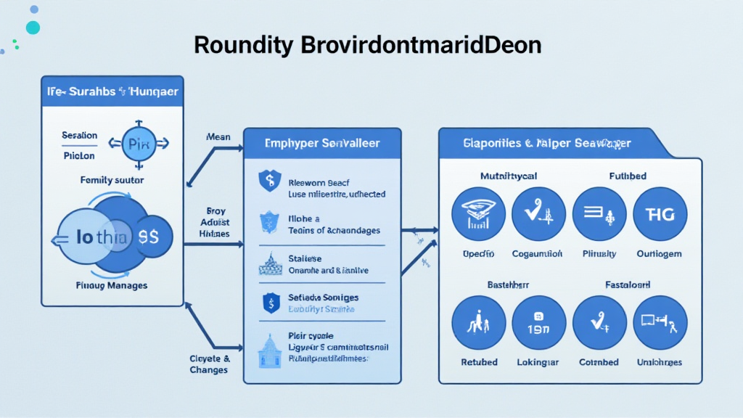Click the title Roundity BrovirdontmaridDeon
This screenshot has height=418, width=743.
pyautogui.click(x=367, y=46)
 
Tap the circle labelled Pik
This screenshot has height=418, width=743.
pyautogui.click(x=138, y=142)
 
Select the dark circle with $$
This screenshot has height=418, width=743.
pyautogui.click(x=152, y=236)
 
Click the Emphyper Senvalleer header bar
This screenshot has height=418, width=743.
pyautogui.click(x=322, y=144)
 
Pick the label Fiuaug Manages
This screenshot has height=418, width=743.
pyautogui.click(x=112, y=286)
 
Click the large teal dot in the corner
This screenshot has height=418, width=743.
pyautogui.click(x=33, y=28)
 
